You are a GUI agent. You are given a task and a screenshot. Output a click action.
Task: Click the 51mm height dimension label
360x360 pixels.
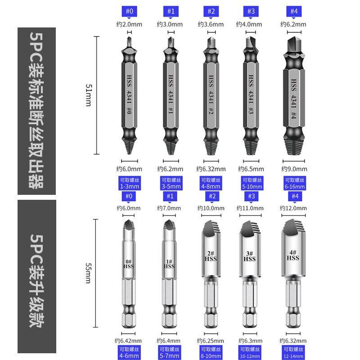coord(89,95)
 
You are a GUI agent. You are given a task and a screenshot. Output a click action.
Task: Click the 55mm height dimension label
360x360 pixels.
coord(89,273)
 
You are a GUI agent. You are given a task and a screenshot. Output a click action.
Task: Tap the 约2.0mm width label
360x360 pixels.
coord(130,24)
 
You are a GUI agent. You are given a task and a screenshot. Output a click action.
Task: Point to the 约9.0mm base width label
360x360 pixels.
coord(294,169)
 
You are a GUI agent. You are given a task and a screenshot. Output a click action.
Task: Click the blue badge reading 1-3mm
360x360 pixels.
coord(130,183)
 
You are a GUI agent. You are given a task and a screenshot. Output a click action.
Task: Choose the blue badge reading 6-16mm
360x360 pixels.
coord(294,183)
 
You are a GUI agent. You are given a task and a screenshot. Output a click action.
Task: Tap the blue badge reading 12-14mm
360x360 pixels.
coord(294,352)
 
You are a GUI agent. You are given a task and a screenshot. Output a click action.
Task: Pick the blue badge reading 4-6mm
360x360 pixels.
coord(130,352)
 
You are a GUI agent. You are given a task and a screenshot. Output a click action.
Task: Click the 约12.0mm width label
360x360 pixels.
coord(293,208)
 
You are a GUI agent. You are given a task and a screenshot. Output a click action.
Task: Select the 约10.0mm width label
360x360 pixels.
coord(211,208)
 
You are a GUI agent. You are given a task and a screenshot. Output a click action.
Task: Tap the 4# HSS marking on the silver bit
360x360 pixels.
coord(293,255)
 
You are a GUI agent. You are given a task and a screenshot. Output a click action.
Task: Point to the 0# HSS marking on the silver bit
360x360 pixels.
coord(129,264)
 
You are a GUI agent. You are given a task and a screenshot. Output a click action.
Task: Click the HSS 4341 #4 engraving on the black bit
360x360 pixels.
coord(293,99)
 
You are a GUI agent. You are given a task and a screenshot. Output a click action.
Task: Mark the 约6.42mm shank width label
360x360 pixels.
coord(130,341)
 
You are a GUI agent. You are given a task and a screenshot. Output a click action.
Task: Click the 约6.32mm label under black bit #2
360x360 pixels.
coord(211,169)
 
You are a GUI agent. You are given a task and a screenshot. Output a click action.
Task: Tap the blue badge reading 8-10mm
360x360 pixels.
coord(211,352)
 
